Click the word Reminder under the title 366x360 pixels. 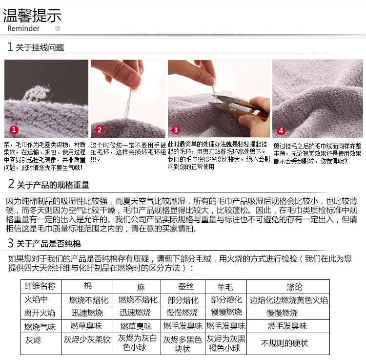tap(23, 28)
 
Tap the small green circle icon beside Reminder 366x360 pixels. tap(58, 28)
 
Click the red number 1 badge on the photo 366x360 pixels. tap(14, 129)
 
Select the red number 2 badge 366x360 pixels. tap(100, 129)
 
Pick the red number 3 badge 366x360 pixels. tap(176, 130)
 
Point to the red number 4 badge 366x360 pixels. tap(281, 130)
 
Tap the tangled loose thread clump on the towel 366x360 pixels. tap(36, 93)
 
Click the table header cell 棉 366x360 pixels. tap(88, 286)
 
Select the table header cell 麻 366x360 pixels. tap(141, 287)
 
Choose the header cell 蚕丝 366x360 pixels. tap(186, 286)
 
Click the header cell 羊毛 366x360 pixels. tap(225, 287)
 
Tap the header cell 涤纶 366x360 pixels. tap(294, 287)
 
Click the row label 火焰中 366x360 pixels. tap(36, 299)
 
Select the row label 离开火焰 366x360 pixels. tap(40, 313)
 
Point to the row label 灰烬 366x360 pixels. tap(33, 340)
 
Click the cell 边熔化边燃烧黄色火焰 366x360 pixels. tap(288, 300)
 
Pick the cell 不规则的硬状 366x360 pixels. tap(285, 343)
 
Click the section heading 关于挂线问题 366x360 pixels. tap(40, 47)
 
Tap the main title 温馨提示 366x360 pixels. tap(32, 16)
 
